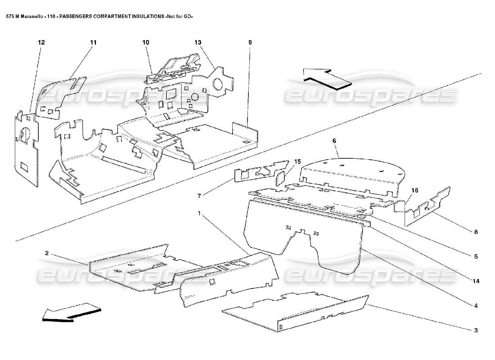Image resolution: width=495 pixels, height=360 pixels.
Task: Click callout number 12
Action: pos(41,42)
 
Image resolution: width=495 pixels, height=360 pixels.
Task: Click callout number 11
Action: pos(93,42)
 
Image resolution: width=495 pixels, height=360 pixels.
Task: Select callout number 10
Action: pos(146,42)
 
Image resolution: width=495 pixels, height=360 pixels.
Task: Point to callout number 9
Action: pos(250,42)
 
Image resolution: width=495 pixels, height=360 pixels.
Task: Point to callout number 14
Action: pos(475,282)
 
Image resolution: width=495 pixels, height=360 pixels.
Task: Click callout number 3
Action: pos(475,330)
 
